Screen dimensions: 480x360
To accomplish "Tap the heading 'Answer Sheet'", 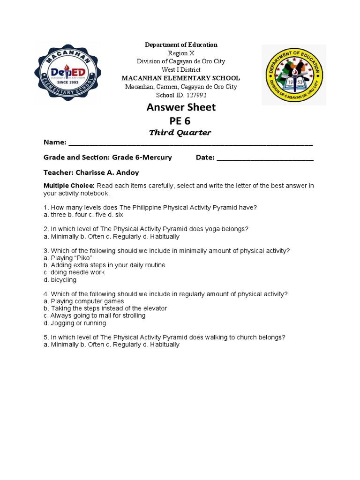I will point(181,107).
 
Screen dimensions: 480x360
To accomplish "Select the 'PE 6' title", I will point(180,121).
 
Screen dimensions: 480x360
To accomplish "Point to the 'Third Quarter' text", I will point(180,133).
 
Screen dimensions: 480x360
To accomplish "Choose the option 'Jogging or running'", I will point(78,323).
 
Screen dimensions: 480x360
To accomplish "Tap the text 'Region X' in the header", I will point(180,53).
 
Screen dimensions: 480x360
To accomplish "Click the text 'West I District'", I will point(180,70).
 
